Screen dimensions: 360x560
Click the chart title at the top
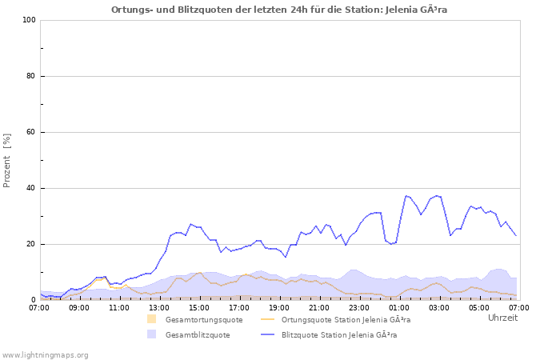(x=279, y=10)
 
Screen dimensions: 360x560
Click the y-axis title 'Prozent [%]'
(x=7, y=160)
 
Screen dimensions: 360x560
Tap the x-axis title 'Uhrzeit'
(x=502, y=318)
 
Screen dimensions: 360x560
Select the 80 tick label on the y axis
(x=30, y=76)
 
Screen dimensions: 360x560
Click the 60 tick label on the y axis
(x=30, y=132)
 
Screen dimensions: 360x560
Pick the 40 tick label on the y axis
(x=30, y=188)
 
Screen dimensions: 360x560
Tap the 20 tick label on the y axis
(x=30, y=244)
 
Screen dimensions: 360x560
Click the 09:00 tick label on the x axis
(x=79, y=307)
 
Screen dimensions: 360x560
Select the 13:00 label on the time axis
(x=159, y=307)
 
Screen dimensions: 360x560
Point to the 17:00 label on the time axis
(x=239, y=307)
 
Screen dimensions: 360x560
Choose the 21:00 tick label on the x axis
(x=319, y=307)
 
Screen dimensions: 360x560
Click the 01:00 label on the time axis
(x=398, y=307)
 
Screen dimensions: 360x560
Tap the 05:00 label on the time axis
(x=478, y=307)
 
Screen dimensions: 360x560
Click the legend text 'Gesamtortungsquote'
(x=203, y=320)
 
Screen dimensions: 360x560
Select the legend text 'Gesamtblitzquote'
(x=198, y=335)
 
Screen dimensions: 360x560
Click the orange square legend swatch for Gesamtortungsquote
(x=151, y=319)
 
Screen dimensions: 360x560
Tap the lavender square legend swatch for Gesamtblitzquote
(x=151, y=334)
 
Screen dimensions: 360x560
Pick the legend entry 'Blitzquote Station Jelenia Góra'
(x=339, y=335)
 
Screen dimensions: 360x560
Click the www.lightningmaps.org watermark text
(x=46, y=354)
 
